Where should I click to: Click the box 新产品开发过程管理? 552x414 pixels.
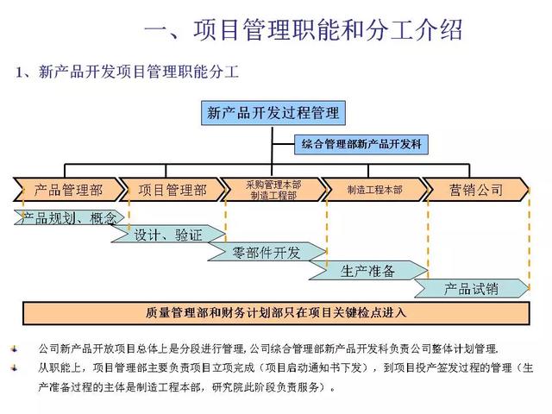pyautogui.click(x=273, y=113)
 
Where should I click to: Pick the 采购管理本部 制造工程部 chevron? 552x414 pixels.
pyautogui.click(x=273, y=190)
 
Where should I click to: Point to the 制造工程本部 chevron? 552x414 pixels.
pyautogui.click(x=374, y=190)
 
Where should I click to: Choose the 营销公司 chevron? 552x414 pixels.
pyautogui.click(x=475, y=190)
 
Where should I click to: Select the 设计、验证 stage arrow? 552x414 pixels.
pyautogui.click(x=168, y=235)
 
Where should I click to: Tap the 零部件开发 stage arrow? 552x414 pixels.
pyautogui.click(x=267, y=253)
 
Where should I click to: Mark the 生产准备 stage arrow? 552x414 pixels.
pyautogui.click(x=368, y=271)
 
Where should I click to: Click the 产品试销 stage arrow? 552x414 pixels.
pyautogui.click(x=471, y=288)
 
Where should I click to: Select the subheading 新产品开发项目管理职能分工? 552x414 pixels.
pyautogui.click(x=127, y=72)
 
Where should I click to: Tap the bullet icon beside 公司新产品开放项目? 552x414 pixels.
pyautogui.click(x=14, y=350)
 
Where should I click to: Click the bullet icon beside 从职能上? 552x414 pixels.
pyautogui.click(x=14, y=367)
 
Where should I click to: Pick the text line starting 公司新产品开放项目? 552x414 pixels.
pyautogui.click(x=268, y=350)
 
